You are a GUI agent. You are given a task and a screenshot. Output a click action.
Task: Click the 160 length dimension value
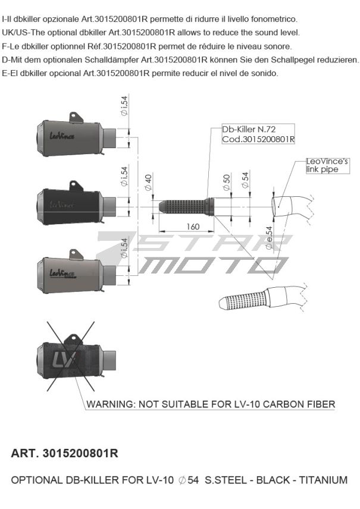pos(193,227)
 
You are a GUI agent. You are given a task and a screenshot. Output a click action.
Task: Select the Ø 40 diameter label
pos(148,183)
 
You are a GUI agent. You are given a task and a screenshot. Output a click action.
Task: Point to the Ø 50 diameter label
pos(227,183)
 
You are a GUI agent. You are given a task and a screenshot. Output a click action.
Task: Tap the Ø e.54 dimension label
pos(269,238)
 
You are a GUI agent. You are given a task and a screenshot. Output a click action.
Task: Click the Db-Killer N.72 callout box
pos(258,134)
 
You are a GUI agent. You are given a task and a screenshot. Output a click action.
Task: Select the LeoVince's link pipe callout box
pos(327,165)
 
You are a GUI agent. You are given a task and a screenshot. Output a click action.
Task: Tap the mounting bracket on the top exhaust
pos(76,118)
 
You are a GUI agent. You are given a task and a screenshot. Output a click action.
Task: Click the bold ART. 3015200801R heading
pos(65,454)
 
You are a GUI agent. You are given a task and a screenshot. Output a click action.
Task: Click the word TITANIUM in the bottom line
pos(323,480)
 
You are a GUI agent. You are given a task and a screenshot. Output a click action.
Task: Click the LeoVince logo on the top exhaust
pos(62,135)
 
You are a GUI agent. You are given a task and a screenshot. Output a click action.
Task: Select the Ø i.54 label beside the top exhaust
pos(124,105)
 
